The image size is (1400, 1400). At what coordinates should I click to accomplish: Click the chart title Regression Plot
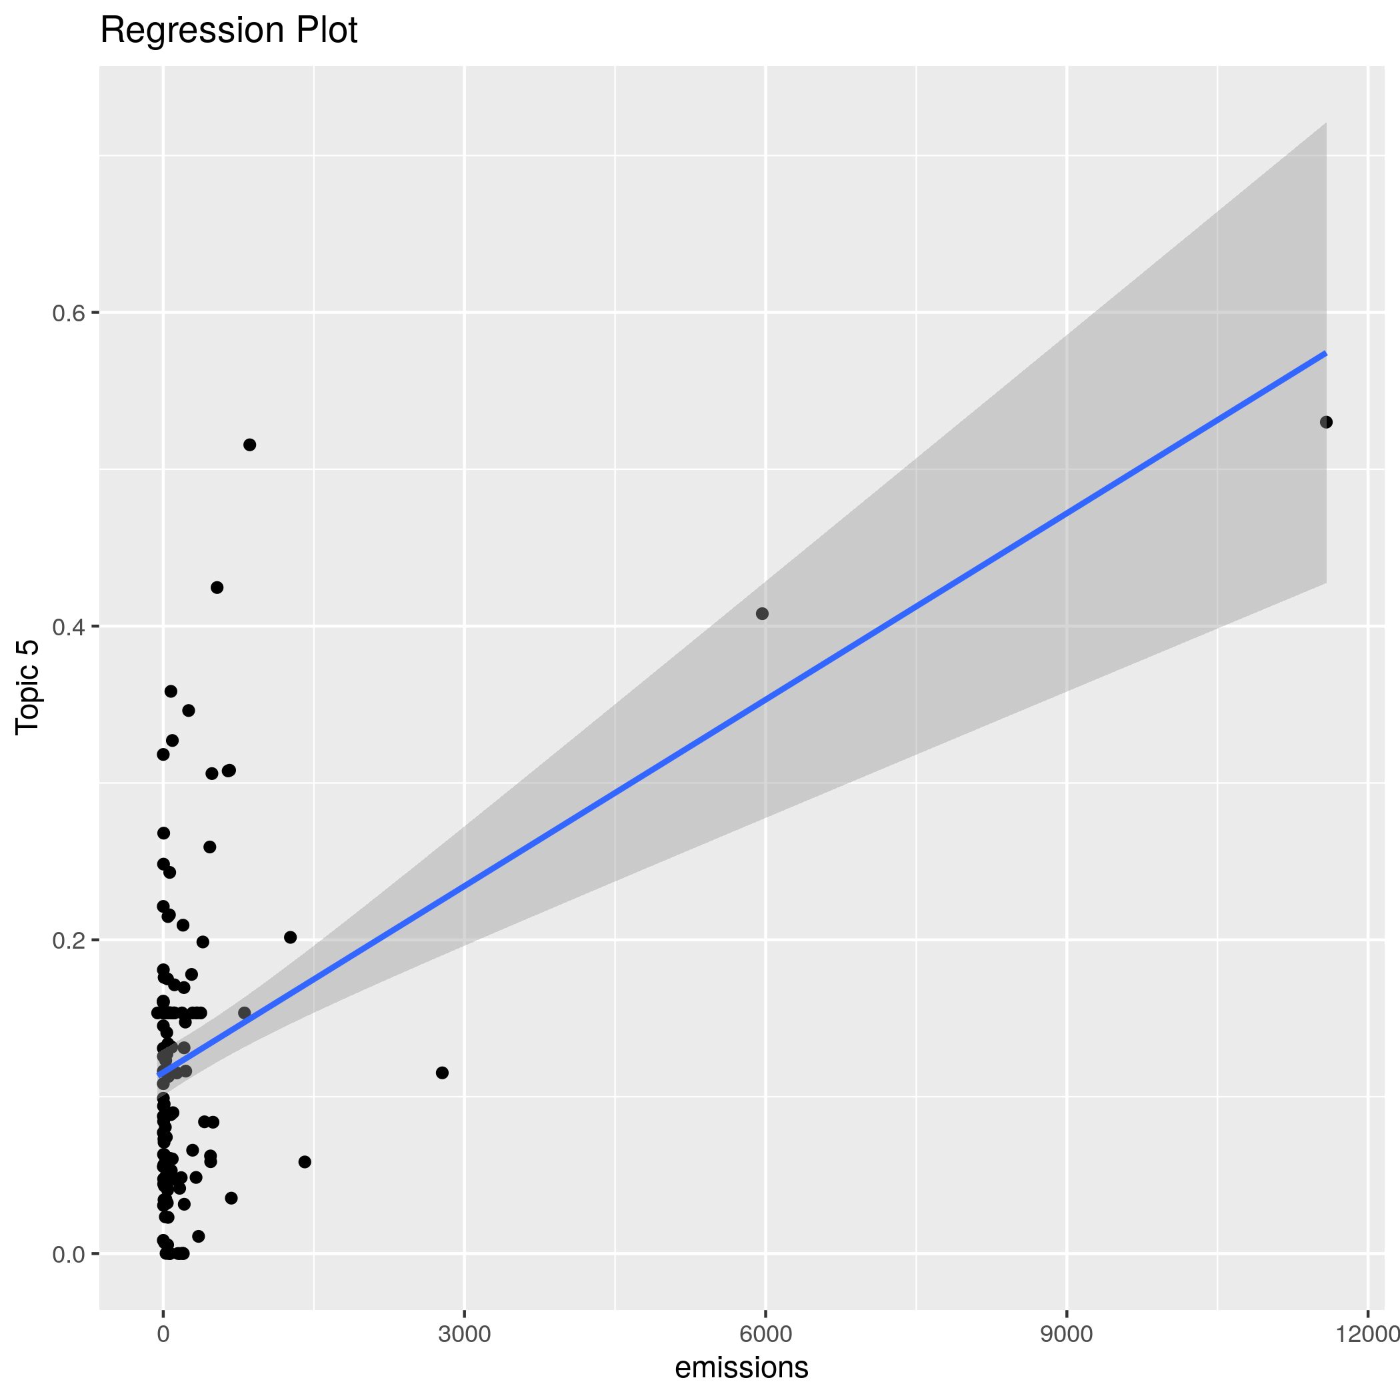[228, 31]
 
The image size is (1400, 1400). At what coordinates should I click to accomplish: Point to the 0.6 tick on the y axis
[68, 313]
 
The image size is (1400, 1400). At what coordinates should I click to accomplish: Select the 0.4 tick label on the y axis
[68, 627]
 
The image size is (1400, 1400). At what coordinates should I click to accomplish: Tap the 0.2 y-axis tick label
[68, 941]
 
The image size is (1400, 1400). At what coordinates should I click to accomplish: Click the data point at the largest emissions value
[1326, 423]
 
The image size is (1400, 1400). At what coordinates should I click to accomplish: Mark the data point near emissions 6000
[761, 614]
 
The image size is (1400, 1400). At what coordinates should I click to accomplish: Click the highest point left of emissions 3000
[249, 445]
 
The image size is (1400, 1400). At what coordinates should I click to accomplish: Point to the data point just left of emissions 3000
[442, 1073]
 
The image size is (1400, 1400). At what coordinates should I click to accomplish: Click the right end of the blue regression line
[1325, 353]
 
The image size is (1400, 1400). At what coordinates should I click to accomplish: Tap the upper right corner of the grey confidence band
[1325, 124]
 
